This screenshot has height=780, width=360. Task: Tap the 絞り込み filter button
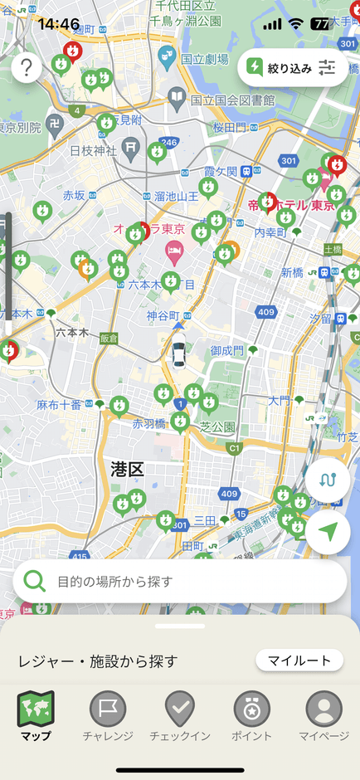pos(291,69)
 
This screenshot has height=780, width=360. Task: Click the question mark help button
pos(27,67)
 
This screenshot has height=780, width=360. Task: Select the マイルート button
pos(299,661)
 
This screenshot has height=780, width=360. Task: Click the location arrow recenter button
pos(328,532)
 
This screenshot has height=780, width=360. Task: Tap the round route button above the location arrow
pos(328,480)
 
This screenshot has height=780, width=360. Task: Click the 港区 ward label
pos(128,470)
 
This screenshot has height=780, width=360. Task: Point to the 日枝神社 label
pos(92,150)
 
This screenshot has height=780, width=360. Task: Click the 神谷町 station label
pos(163,315)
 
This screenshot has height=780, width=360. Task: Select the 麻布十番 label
pos(59,404)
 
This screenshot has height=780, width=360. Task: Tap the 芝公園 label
pos(217,427)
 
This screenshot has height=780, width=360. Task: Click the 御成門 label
pos(226,351)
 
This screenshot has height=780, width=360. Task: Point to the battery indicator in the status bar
pos(319,24)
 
